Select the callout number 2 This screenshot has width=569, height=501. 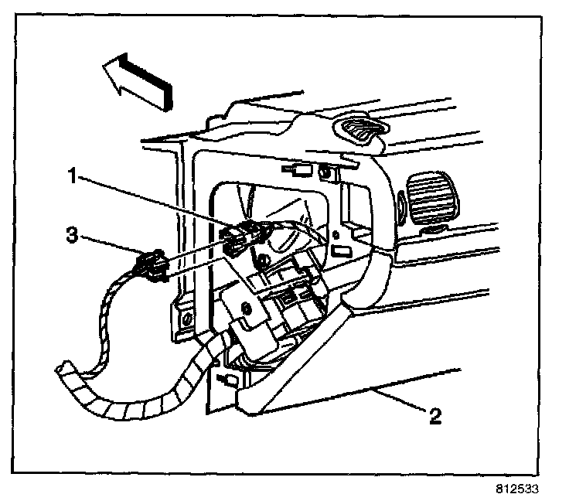[x=436, y=417]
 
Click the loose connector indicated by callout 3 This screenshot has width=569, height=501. [x=152, y=268]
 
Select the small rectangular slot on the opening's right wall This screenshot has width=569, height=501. [x=341, y=250]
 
